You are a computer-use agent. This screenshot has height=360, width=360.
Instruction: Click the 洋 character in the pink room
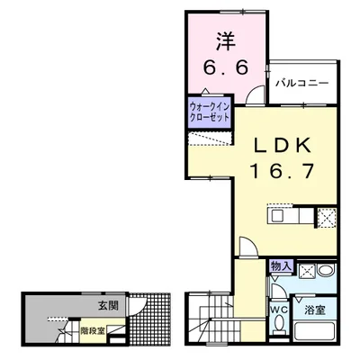click(226, 41)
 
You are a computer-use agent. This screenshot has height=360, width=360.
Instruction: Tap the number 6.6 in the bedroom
click(225, 67)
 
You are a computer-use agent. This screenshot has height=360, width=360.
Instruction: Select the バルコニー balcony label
click(301, 83)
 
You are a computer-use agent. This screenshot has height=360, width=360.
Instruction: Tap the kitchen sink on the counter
click(277, 218)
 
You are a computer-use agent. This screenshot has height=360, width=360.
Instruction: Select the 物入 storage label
click(282, 266)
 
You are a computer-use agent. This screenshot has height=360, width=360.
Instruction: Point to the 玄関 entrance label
click(107, 307)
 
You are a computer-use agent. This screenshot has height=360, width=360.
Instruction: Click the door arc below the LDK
click(247, 244)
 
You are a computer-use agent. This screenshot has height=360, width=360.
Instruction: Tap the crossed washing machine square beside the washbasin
click(306, 271)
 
